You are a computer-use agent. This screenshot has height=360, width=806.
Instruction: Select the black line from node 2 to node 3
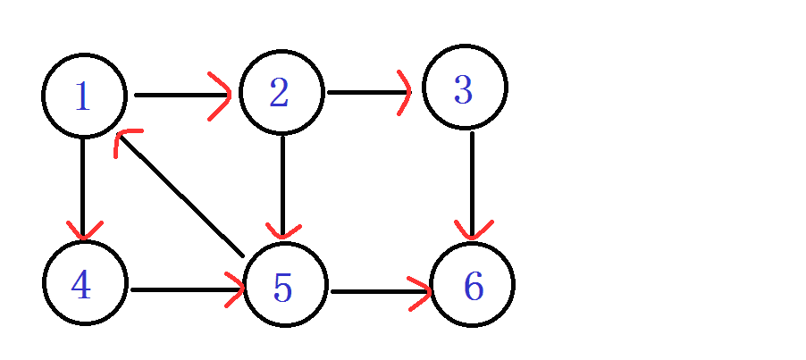368,92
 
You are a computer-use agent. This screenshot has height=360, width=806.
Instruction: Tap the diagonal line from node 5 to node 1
181,195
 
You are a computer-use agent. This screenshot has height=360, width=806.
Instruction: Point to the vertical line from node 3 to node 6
472,184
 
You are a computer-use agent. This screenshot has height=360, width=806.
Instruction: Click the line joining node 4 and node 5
187,289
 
